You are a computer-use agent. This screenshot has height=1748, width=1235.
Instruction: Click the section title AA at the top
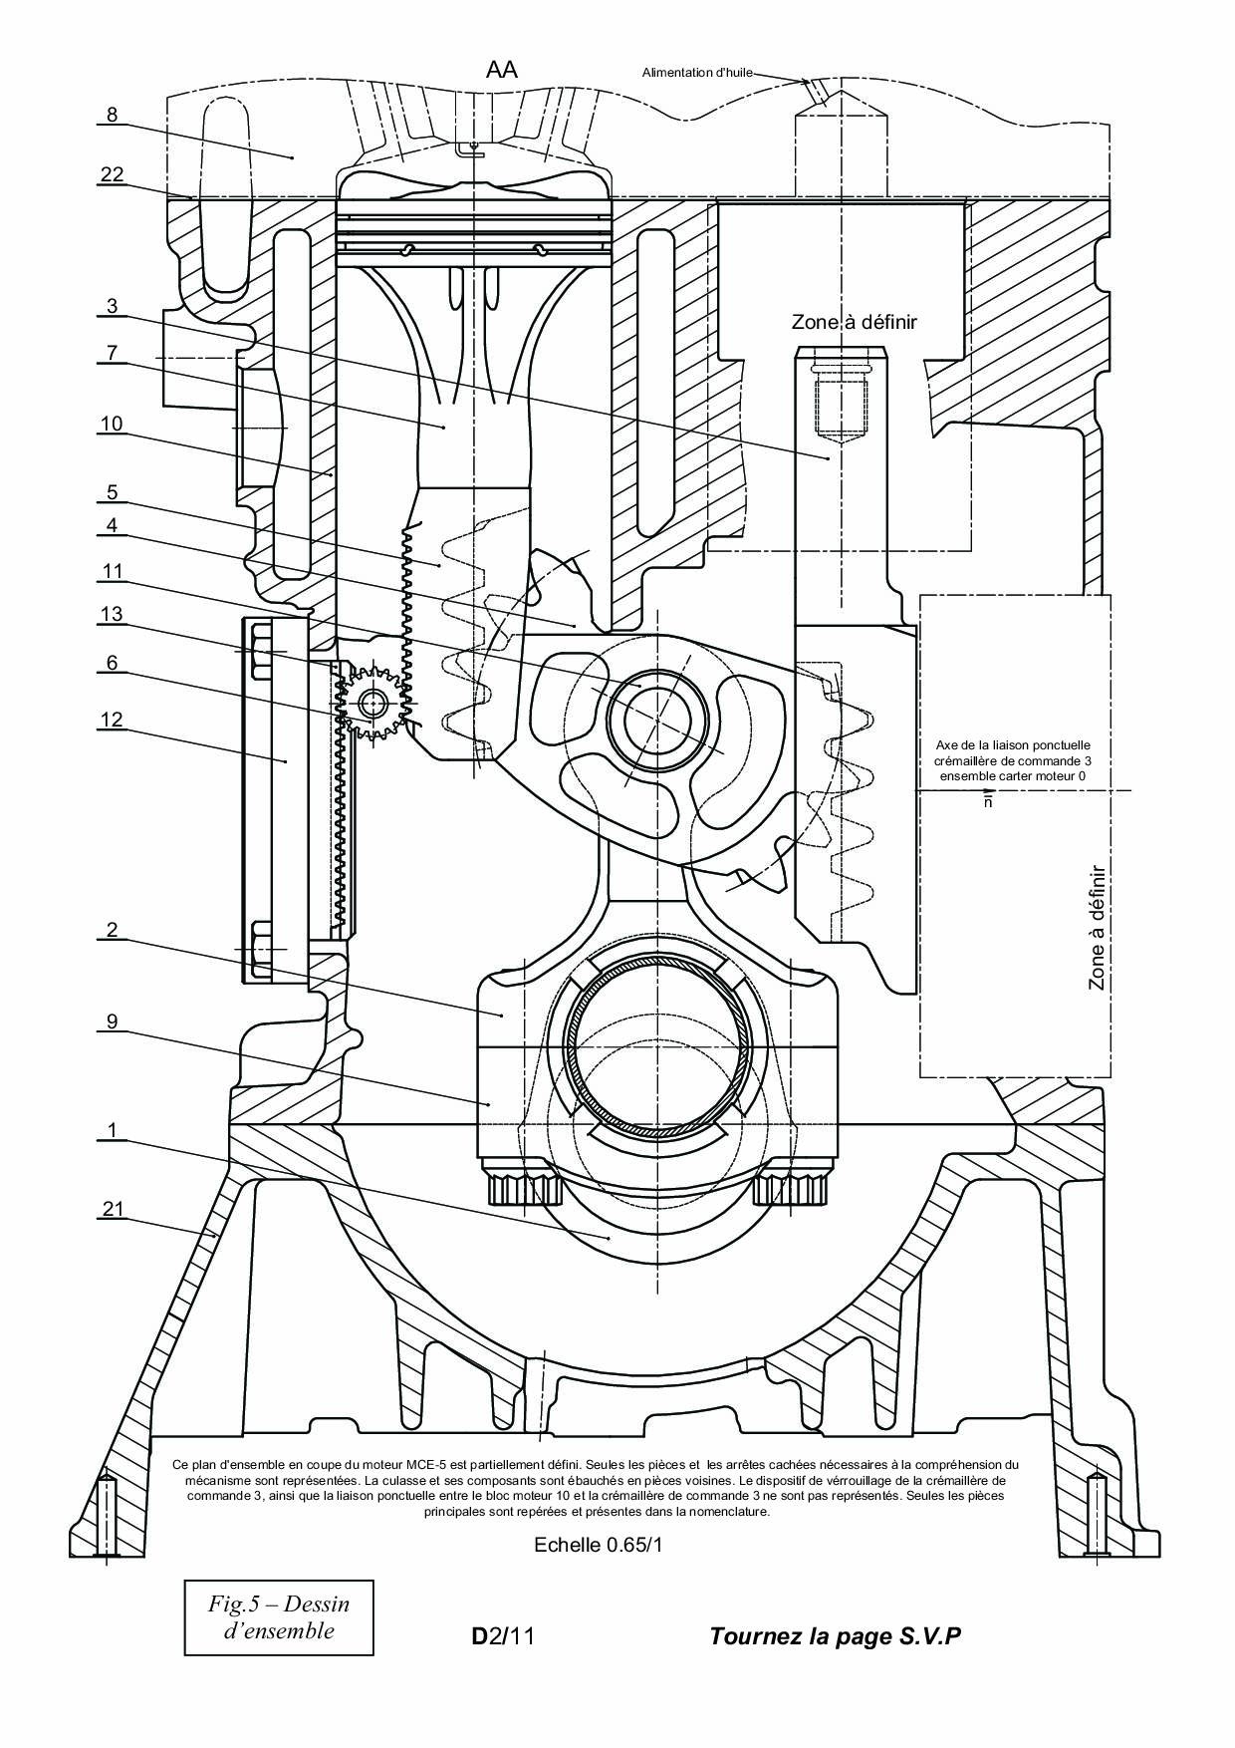[501, 69]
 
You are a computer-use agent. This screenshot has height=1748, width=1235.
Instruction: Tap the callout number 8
[112, 115]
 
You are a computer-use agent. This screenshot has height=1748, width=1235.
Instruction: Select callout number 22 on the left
[112, 174]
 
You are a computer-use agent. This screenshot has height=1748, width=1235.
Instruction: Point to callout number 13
[112, 614]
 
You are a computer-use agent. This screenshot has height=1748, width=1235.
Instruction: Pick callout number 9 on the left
[112, 1020]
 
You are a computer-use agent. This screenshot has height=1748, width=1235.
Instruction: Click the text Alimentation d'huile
[697, 72]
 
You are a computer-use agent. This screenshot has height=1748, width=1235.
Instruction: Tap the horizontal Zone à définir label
[854, 322]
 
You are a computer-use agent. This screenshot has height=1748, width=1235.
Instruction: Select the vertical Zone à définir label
[1097, 927]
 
